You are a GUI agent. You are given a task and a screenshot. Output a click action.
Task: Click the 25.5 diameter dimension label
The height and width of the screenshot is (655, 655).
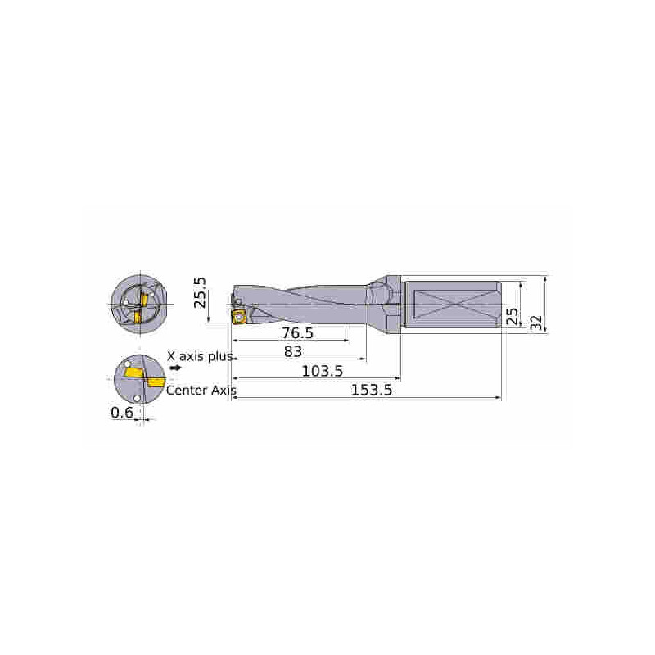[200, 292]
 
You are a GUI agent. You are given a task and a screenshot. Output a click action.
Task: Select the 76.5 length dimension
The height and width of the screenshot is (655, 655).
[297, 333]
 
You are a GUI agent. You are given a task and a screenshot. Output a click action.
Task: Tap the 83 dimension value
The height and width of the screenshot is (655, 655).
[293, 351]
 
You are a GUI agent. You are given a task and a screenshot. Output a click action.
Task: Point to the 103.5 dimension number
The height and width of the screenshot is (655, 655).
[323, 371]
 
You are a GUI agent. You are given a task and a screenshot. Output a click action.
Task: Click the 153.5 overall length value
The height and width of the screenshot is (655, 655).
[372, 390]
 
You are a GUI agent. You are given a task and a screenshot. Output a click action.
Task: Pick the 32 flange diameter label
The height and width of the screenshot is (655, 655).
[536, 323]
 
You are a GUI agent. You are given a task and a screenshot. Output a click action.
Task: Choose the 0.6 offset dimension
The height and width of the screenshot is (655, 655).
[122, 413]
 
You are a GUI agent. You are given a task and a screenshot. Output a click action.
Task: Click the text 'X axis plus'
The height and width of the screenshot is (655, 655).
[200, 356]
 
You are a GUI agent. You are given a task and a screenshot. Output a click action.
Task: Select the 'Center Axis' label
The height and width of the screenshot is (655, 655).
[201, 391]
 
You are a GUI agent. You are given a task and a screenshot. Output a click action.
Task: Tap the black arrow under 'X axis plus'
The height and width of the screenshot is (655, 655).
[176, 368]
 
